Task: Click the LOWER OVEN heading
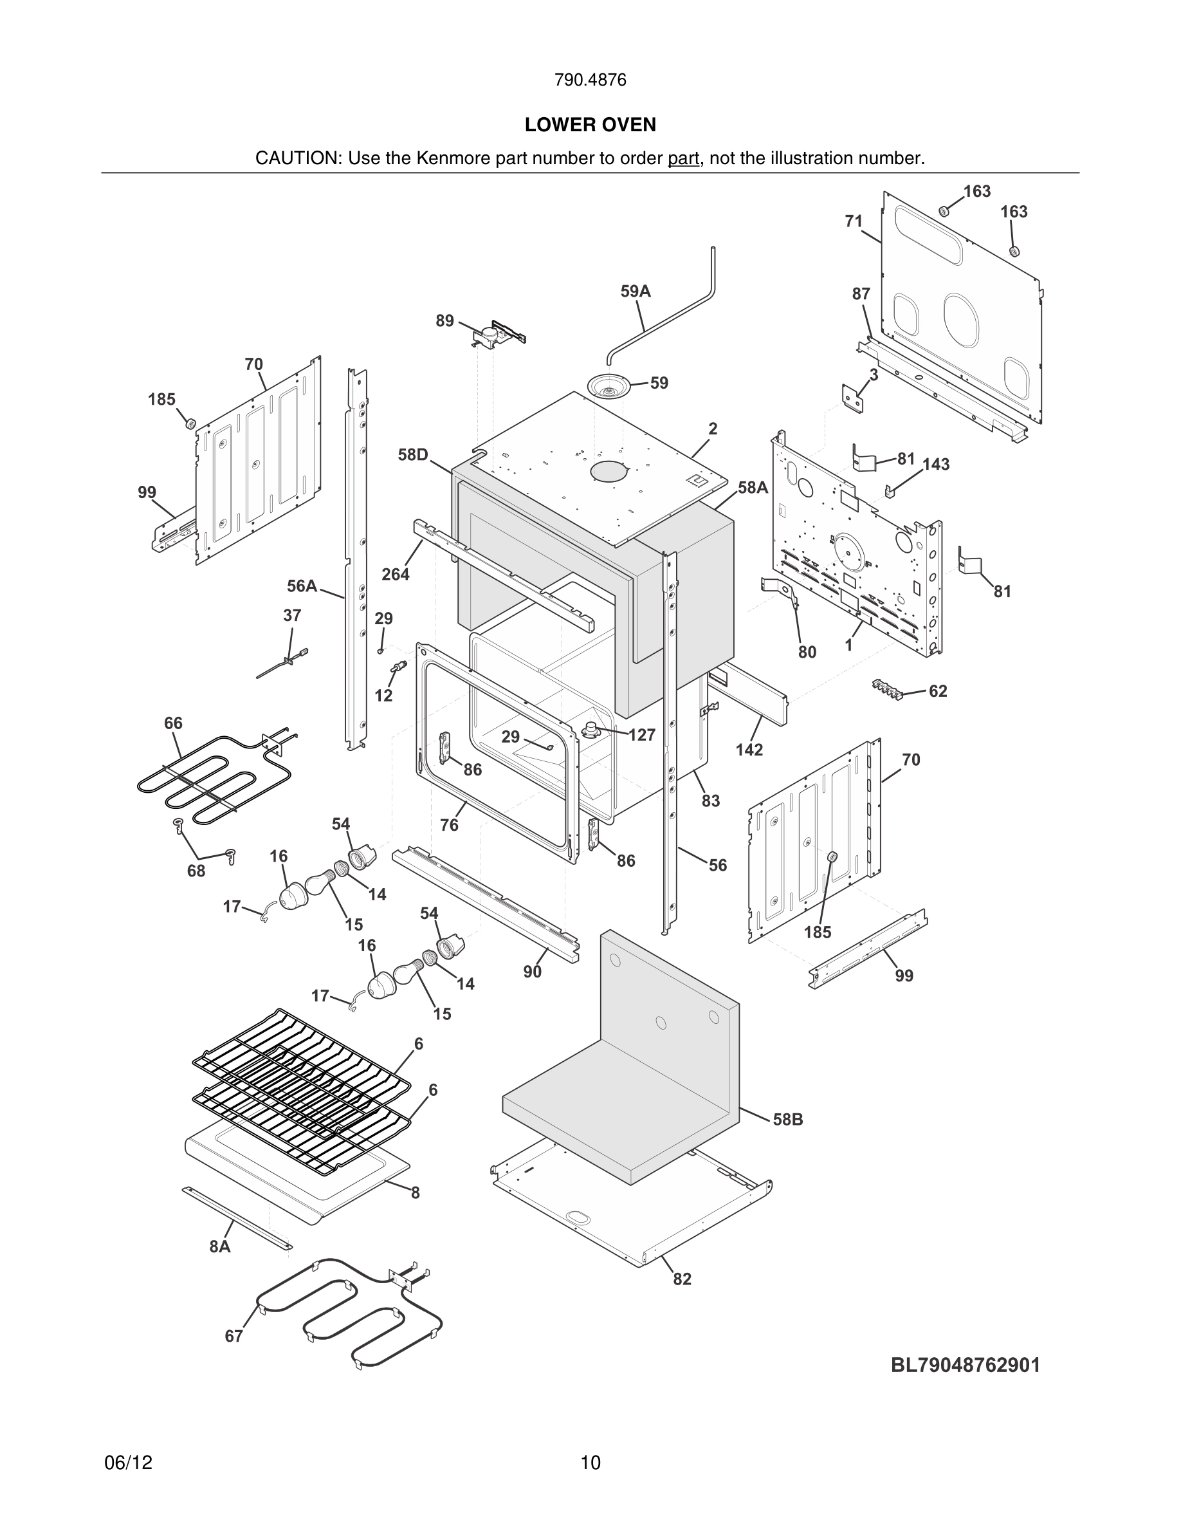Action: pos(590,125)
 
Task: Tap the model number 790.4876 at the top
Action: pos(590,80)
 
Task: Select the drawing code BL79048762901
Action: pos(965,1365)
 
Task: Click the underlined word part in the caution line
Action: pos(683,158)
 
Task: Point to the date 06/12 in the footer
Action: pos(128,1463)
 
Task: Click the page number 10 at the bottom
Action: pos(590,1463)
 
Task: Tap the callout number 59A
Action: pos(636,292)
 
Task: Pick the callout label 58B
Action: pos(788,1120)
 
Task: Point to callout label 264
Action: pos(396,574)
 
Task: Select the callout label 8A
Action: pos(220,1246)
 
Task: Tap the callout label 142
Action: pos(749,749)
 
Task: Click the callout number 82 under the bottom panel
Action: pos(681,1279)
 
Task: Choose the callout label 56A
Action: pos(302,585)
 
